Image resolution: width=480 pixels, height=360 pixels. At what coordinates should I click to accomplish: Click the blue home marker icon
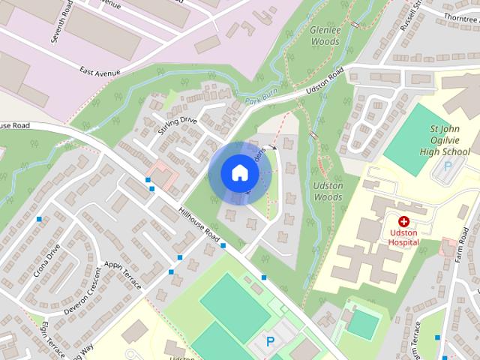[x=239, y=173]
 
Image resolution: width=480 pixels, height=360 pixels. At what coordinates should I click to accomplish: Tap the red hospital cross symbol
[x=403, y=222]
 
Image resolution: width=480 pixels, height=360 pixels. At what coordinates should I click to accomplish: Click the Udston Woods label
[x=327, y=191]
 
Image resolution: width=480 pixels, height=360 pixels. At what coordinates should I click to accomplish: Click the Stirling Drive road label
[x=177, y=121]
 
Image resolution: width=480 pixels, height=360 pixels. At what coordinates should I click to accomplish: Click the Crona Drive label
[x=46, y=259]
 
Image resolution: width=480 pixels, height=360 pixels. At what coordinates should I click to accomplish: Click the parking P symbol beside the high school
[x=448, y=166]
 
